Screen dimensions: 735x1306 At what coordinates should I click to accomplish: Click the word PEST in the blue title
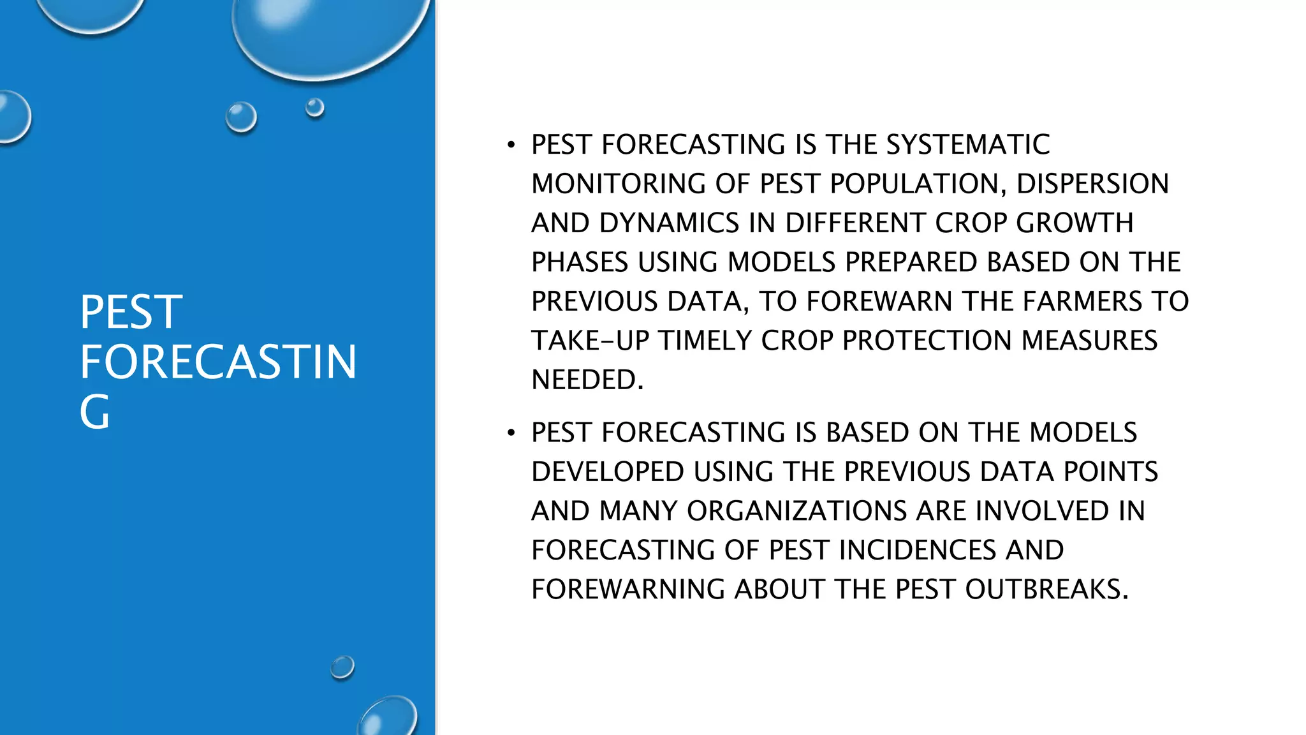pyautogui.click(x=131, y=312)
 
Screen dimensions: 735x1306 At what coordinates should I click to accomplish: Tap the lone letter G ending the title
pyautogui.click(x=95, y=412)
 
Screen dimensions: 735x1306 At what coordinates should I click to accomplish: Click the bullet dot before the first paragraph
pyautogui.click(x=511, y=145)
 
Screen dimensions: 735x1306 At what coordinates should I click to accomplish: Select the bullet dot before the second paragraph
pyautogui.click(x=511, y=433)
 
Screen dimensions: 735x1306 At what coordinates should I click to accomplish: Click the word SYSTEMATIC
pyautogui.click(x=967, y=145)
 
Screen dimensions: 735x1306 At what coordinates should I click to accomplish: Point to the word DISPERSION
pyautogui.click(x=1092, y=184)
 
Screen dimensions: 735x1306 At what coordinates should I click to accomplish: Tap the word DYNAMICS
pyautogui.click(x=669, y=223)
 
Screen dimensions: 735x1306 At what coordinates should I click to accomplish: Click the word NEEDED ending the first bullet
pyautogui.click(x=587, y=380)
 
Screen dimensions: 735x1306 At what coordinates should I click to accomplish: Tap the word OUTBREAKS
pyautogui.click(x=1046, y=589)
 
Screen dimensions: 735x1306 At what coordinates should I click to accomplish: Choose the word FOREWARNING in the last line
pyautogui.click(x=628, y=589)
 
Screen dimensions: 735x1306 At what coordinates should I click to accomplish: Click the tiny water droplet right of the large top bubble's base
pyautogui.click(x=314, y=107)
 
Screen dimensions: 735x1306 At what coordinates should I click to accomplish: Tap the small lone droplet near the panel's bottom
pyautogui.click(x=342, y=667)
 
